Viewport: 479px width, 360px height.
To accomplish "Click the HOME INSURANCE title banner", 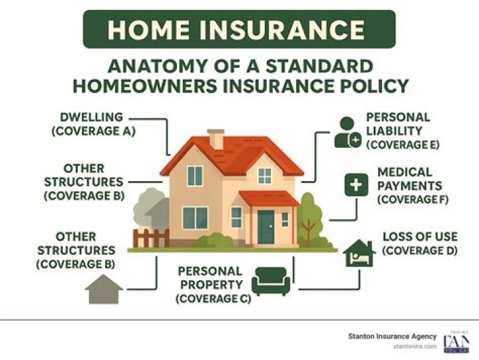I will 239,29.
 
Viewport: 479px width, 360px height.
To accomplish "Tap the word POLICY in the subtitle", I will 373,86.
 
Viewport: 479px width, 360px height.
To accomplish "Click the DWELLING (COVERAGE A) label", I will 93,124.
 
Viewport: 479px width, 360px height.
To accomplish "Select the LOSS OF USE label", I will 419,243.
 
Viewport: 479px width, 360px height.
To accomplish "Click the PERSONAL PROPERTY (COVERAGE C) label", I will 210,285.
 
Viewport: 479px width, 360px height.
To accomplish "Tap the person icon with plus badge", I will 347,132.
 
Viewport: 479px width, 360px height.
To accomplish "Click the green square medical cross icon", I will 357,186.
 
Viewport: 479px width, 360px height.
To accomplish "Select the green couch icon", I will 271,281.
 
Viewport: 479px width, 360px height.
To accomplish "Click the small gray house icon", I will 104,289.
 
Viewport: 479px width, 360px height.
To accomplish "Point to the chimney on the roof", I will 216,139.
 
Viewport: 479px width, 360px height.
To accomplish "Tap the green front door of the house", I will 266,227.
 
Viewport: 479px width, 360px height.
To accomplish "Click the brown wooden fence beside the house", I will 151,238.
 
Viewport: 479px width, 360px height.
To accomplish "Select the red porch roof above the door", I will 268,198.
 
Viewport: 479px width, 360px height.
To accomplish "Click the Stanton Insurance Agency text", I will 393,336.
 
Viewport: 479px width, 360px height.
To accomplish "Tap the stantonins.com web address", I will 415,347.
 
